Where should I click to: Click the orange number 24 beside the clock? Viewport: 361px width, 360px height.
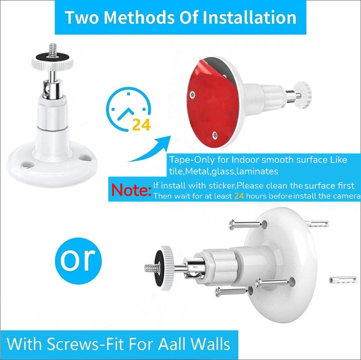coord(141,125)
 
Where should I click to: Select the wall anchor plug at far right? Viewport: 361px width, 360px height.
coord(343,280)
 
